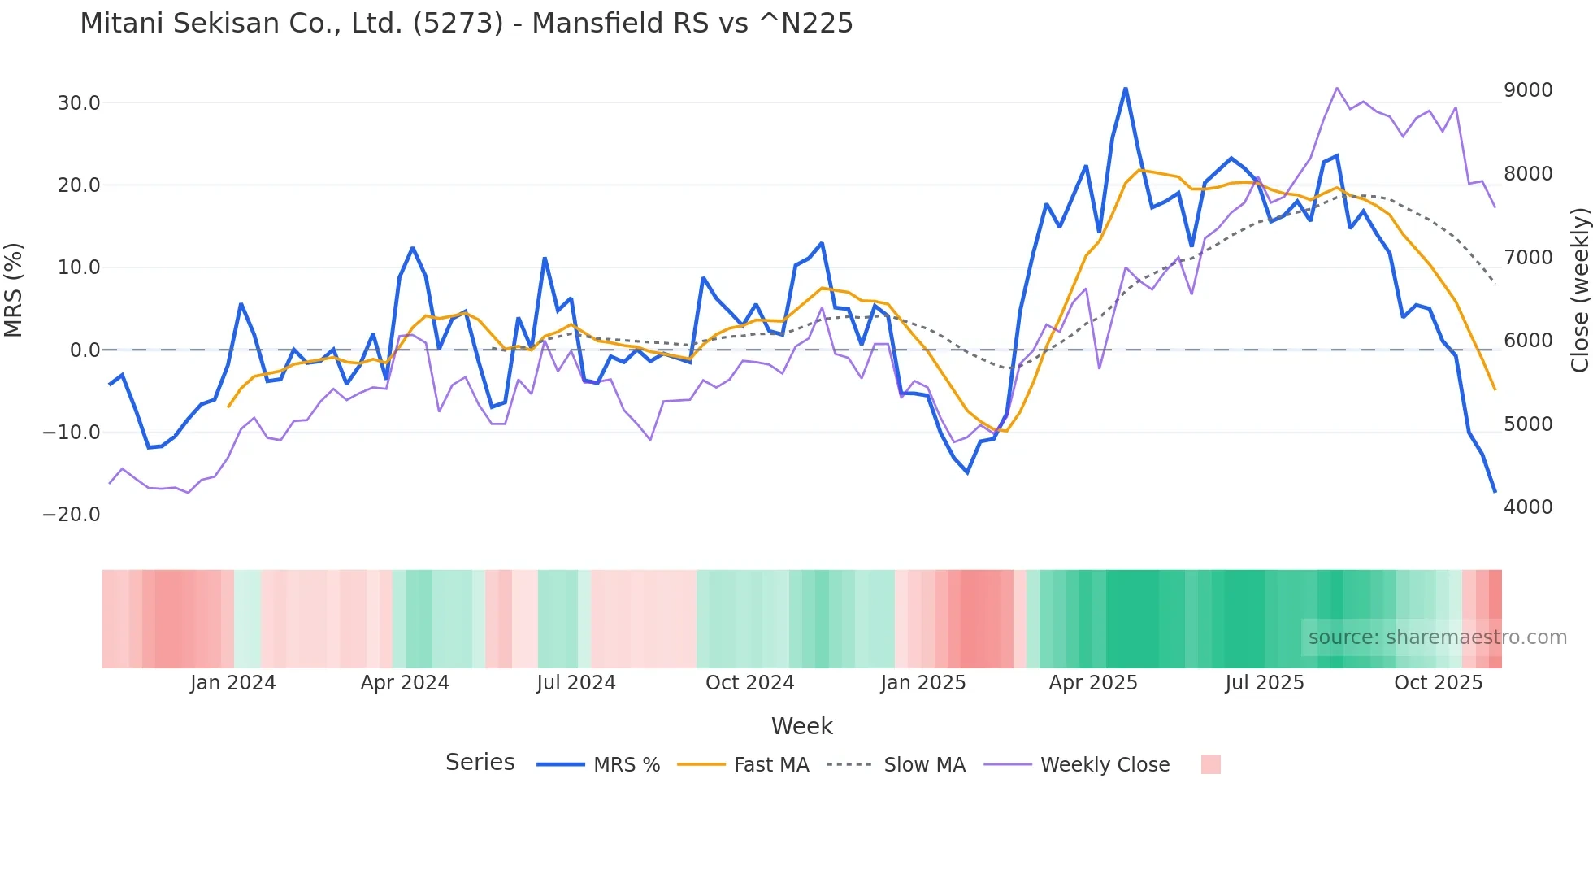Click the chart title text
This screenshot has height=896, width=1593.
pyautogui.click(x=467, y=24)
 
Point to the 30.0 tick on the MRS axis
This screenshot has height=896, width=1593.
pyautogui.click(x=79, y=103)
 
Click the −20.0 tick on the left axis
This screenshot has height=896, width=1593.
pyautogui.click(x=72, y=515)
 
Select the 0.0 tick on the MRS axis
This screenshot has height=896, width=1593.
pyautogui.click(x=85, y=350)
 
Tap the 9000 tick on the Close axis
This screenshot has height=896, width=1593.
pyautogui.click(x=1528, y=90)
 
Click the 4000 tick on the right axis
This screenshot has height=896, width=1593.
pyautogui.click(x=1528, y=507)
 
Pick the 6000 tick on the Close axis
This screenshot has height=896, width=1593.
pyautogui.click(x=1528, y=341)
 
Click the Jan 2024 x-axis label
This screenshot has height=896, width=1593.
pyautogui.click(x=233, y=683)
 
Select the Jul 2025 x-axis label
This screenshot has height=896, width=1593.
pyautogui.click(x=1265, y=683)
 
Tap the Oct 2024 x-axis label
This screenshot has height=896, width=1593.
pyautogui.click(x=749, y=683)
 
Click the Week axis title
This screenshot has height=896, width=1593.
pyautogui.click(x=801, y=726)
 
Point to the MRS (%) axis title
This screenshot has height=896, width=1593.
pyautogui.click(x=14, y=289)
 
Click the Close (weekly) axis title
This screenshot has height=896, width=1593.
pyautogui.click(x=1579, y=289)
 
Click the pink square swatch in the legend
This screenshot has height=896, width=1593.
pyautogui.click(x=1210, y=764)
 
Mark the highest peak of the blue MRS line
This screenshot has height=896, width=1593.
pyautogui.click(x=1126, y=89)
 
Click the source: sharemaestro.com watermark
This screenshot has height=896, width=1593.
pyautogui.click(x=1437, y=637)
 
